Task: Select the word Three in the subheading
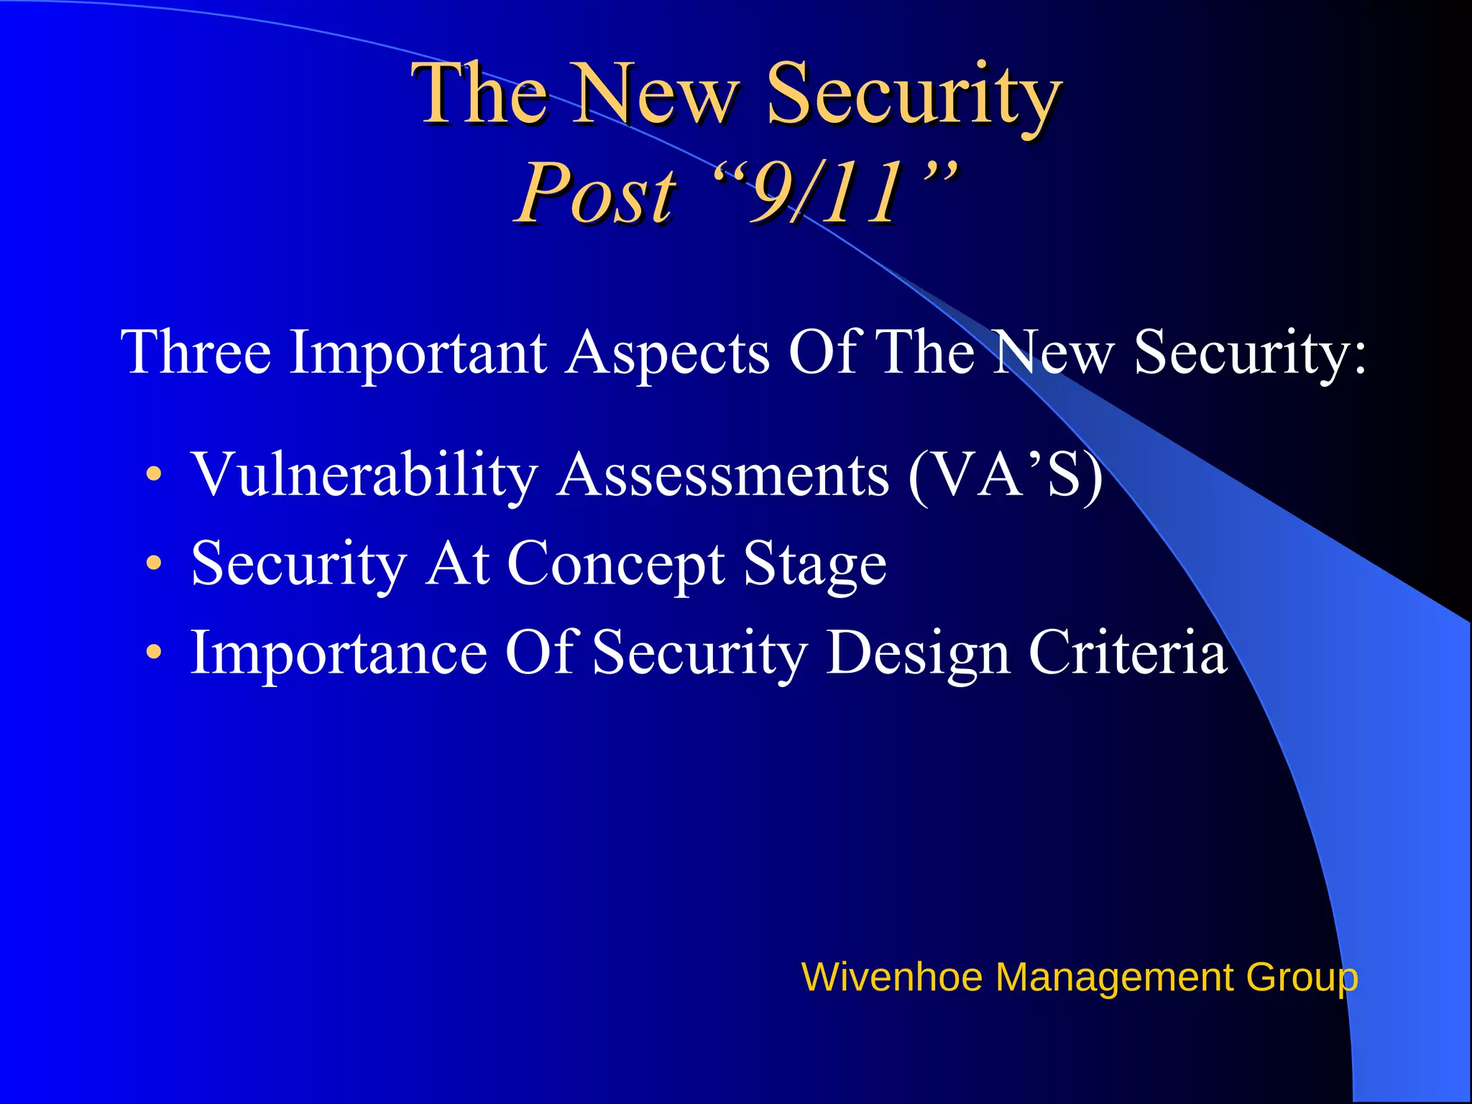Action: [196, 352]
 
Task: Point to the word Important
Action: [418, 352]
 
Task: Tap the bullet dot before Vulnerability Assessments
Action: [154, 475]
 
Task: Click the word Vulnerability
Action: [364, 475]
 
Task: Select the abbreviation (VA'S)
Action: [1005, 475]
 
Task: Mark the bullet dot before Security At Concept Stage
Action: [154, 563]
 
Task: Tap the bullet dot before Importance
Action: [154, 653]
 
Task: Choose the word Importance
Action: [339, 653]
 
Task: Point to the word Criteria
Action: [1128, 653]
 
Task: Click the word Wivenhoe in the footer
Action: [891, 977]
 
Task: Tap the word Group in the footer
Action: [1302, 977]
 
